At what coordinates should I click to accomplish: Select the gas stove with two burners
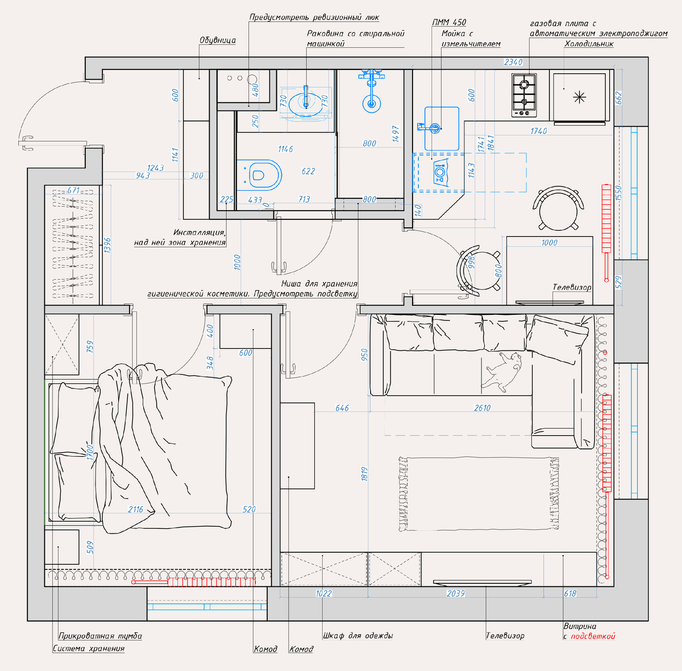[524, 95]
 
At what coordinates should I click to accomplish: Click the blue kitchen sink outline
[442, 128]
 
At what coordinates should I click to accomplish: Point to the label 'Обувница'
[218, 40]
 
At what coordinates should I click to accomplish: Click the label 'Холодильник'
[589, 44]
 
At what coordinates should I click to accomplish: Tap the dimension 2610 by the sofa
[482, 408]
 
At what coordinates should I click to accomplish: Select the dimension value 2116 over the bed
[136, 509]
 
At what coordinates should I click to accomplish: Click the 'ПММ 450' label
[449, 22]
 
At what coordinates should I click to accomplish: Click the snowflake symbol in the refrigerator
[579, 97]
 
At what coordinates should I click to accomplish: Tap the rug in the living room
[479, 494]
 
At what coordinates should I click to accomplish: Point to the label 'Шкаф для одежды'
[358, 636]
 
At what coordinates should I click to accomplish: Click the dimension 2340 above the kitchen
[513, 62]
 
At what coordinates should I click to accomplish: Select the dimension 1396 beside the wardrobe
[107, 245]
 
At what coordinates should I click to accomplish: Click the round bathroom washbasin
[306, 104]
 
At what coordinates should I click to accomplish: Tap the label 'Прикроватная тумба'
[100, 636]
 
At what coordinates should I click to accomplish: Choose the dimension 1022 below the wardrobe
[323, 594]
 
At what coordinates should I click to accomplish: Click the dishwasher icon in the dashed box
[440, 172]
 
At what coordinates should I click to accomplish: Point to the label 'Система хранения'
[89, 648]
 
